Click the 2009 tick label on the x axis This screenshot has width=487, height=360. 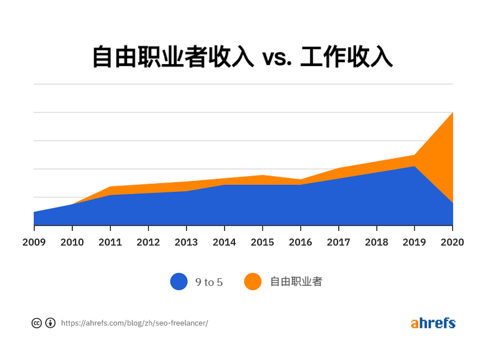click(x=34, y=242)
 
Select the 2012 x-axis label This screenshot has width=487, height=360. click(x=148, y=242)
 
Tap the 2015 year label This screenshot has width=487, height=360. click(x=262, y=242)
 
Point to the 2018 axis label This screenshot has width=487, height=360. click(x=376, y=242)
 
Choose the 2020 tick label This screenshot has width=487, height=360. click(x=452, y=242)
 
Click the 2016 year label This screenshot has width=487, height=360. click(x=300, y=242)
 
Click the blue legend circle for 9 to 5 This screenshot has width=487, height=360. click(x=179, y=282)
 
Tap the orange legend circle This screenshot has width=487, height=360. click(x=253, y=282)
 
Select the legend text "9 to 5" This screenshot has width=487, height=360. click(x=209, y=282)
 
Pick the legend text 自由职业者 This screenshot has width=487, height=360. click(x=296, y=282)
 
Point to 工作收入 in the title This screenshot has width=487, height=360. click(x=346, y=57)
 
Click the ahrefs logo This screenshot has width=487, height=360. click(x=433, y=323)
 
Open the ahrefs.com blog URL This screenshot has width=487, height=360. click(x=134, y=323)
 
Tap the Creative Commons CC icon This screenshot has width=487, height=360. click(x=37, y=323)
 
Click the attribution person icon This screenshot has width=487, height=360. click(x=50, y=323)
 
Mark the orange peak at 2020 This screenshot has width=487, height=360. click(x=452, y=113)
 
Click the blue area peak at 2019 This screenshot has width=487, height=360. click(x=414, y=167)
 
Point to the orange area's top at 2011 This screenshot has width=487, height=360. click(x=110, y=187)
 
